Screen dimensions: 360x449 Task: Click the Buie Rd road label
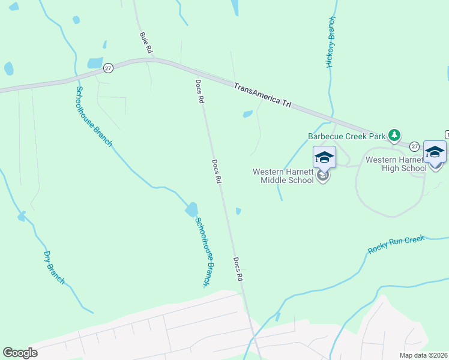[x=145, y=41]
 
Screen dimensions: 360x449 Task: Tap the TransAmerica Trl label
[x=262, y=95]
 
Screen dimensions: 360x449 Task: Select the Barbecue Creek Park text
[x=346, y=136]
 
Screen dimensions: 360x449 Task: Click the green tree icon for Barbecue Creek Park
[x=394, y=135]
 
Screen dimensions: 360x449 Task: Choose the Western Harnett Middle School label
[x=283, y=176]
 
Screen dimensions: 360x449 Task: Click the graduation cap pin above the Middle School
[x=324, y=158]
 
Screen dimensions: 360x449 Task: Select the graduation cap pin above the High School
[x=435, y=152]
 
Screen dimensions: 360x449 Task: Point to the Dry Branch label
[x=53, y=267]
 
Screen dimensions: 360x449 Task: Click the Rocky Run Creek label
[x=396, y=244]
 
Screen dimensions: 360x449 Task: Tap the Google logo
[x=20, y=353]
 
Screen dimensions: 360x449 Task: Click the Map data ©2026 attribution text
[x=423, y=355]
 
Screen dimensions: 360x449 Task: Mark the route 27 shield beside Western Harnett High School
[x=415, y=146]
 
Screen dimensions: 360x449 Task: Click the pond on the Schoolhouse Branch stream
[x=191, y=209]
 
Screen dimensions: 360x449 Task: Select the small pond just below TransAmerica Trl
[x=247, y=114]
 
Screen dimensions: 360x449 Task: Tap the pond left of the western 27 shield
[x=95, y=63]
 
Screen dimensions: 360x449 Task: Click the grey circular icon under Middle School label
[x=324, y=176]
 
